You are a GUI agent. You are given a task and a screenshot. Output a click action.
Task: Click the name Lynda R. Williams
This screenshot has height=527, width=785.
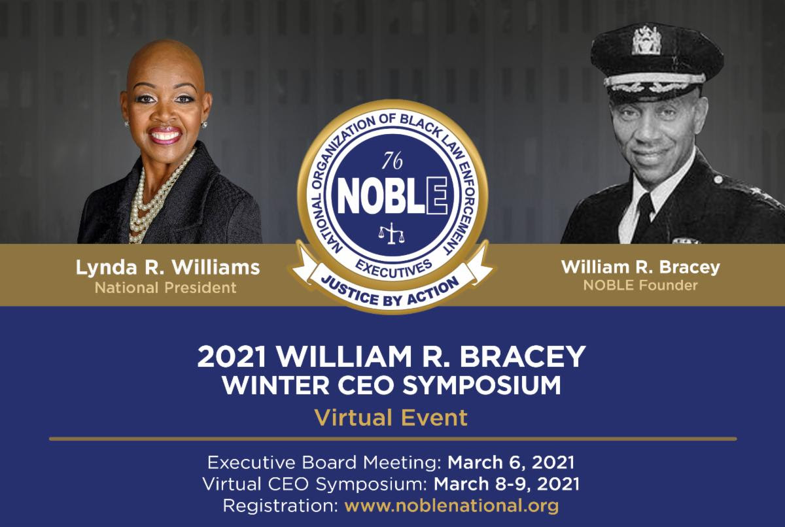point(168,267)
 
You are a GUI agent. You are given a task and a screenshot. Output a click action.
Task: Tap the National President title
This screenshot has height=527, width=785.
point(166,288)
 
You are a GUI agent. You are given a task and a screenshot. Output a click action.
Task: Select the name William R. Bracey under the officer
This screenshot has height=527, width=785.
point(640,267)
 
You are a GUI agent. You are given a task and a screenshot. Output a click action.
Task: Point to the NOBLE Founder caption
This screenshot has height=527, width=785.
point(640,285)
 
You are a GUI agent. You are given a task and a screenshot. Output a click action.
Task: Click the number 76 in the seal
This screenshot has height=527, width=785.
point(392,161)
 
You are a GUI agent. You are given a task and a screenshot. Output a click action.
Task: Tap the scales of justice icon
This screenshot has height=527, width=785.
point(391,233)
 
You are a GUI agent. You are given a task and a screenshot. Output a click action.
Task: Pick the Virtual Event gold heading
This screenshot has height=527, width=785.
point(391,418)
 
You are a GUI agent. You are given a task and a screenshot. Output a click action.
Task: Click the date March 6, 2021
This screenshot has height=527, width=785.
point(511,462)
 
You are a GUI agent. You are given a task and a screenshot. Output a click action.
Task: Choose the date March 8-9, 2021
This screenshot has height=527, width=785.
point(506,484)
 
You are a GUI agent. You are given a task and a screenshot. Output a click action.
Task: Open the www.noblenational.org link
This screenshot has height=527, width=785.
point(451,506)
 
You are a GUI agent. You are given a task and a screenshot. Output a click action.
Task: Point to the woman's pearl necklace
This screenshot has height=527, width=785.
point(154,199)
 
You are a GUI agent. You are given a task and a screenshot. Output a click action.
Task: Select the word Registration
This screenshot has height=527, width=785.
point(281,506)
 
